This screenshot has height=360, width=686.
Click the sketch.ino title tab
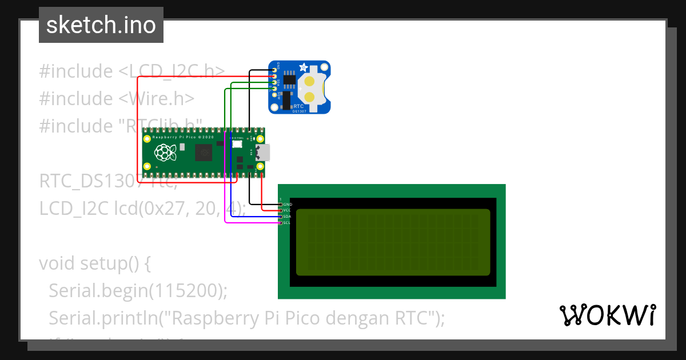[x=101, y=25]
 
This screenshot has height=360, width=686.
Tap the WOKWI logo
[x=607, y=315]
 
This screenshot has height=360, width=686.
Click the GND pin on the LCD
[x=280, y=204]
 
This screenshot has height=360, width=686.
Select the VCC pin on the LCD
[x=280, y=210]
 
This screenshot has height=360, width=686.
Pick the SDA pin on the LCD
[x=280, y=217]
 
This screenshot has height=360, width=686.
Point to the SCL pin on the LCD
[x=280, y=223]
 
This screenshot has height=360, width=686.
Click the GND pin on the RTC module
[x=275, y=70]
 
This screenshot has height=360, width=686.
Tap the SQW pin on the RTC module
[x=275, y=95]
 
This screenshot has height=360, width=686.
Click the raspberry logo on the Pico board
[x=165, y=152]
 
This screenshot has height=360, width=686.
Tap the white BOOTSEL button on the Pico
[x=237, y=145]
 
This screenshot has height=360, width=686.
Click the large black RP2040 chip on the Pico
[x=204, y=153]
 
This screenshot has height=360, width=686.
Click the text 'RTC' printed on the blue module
[x=297, y=106]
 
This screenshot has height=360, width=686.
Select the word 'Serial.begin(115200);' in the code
[x=138, y=290]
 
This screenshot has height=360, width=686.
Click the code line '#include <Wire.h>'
[x=117, y=98]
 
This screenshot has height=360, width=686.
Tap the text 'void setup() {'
[x=94, y=263]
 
